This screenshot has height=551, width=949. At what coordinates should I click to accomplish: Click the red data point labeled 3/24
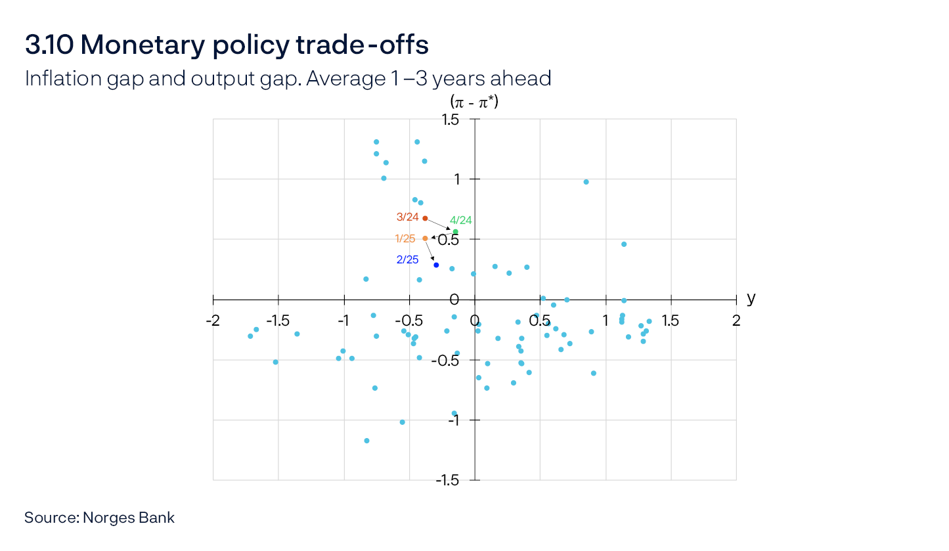(x=425, y=218)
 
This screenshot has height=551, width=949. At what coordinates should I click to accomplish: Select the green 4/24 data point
(x=456, y=232)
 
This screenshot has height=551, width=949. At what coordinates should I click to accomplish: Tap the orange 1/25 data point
(x=425, y=238)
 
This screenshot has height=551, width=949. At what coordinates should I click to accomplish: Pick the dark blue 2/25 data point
(x=436, y=265)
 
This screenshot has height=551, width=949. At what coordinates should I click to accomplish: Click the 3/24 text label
(x=407, y=217)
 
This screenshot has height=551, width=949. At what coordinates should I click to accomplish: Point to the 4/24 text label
(x=460, y=221)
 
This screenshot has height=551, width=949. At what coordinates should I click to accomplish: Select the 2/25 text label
(x=407, y=259)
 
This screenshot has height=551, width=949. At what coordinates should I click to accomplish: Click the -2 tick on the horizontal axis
(x=213, y=320)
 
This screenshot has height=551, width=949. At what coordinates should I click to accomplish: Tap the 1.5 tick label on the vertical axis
(x=450, y=120)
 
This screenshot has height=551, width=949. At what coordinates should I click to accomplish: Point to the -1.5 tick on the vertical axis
(x=448, y=480)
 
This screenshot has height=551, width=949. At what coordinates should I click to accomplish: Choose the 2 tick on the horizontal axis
(x=736, y=320)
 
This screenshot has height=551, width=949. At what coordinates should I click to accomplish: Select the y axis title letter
(x=751, y=298)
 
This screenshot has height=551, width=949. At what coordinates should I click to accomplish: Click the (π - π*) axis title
(x=474, y=102)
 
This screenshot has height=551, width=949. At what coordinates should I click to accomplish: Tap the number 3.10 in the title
(x=49, y=45)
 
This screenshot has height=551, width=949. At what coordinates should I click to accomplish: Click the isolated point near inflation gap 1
(x=586, y=182)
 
